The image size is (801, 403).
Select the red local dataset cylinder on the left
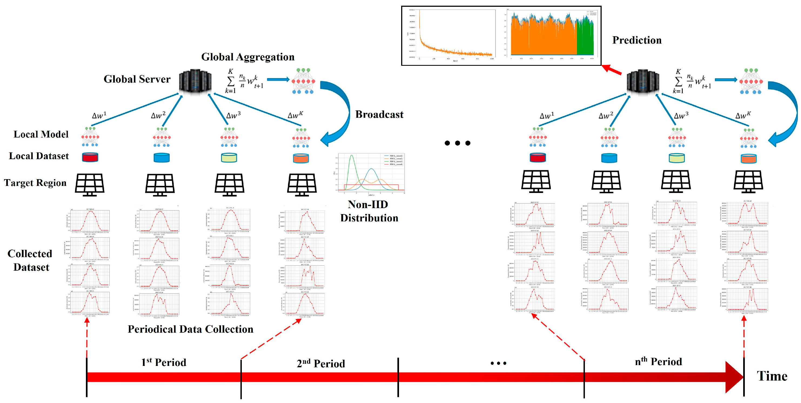pos(90,157)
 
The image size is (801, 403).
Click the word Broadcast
pos(379,114)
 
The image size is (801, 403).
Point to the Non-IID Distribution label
pos(369,211)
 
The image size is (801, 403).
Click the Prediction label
pos(636,40)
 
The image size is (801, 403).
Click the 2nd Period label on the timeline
pos(321,363)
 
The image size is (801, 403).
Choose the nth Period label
pos(658,361)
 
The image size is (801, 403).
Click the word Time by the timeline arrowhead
pos(772,376)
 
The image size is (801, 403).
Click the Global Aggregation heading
pos(248,57)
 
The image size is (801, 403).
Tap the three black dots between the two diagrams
pos(457,143)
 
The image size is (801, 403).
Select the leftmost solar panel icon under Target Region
pos(90,184)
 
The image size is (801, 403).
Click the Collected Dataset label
pos(30,260)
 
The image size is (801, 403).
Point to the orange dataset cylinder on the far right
pos(748,159)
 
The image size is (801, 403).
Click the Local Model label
pos(41,134)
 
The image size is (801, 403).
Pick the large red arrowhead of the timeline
pos(734,377)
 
